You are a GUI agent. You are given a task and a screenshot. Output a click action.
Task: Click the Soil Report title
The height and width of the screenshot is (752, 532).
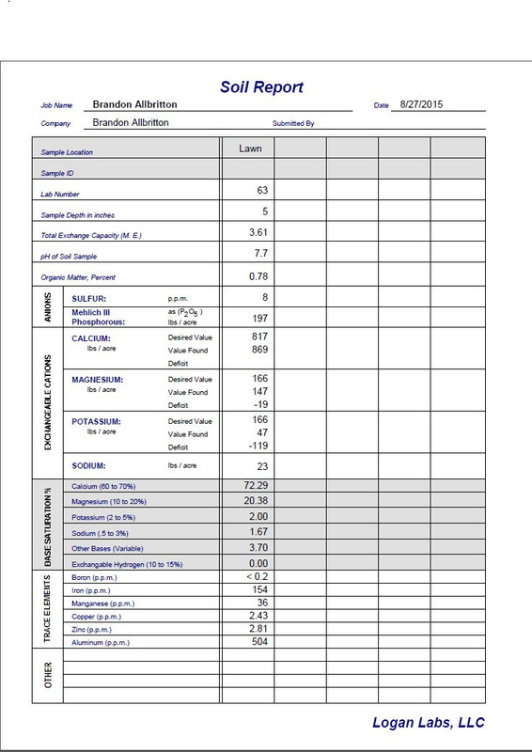click(x=261, y=87)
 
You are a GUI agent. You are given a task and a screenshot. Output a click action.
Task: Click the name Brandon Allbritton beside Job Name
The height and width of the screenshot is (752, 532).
click(x=134, y=104)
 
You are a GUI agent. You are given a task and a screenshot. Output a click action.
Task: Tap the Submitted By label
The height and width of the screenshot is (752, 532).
click(x=292, y=123)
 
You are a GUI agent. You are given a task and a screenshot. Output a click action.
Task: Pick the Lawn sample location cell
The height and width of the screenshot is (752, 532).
click(x=250, y=148)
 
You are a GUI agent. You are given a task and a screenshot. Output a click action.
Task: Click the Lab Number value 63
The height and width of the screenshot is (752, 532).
click(x=262, y=190)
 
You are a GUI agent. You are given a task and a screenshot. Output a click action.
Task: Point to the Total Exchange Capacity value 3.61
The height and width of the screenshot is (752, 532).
click(x=258, y=232)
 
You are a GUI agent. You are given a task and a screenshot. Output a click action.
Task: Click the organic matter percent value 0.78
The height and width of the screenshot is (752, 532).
click(x=258, y=276)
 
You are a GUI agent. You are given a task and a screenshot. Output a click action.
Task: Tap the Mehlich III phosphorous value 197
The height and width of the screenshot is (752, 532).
click(x=259, y=319)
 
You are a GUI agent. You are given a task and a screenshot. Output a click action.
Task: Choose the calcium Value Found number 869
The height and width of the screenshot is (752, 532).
click(x=259, y=350)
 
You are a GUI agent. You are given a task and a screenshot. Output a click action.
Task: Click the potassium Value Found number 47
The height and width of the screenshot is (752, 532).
click(x=262, y=434)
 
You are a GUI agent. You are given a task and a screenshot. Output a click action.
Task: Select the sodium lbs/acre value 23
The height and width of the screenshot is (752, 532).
click(x=262, y=465)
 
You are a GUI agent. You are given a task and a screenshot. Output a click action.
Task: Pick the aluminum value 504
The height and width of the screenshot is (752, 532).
click(x=259, y=641)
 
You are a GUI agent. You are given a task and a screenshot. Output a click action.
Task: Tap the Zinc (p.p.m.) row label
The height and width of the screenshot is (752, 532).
click(x=93, y=629)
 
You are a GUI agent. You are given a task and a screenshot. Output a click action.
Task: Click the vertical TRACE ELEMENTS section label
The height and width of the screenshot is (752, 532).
click(x=48, y=608)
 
